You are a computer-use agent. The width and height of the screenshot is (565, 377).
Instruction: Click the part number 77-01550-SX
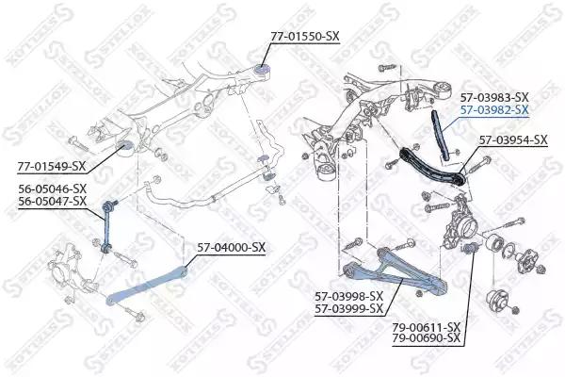point(305,36)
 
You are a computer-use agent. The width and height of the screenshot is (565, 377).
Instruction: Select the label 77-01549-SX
point(51,166)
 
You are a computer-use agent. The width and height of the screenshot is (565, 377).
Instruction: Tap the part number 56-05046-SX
point(53,188)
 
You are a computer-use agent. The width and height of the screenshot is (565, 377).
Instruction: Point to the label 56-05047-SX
point(53,201)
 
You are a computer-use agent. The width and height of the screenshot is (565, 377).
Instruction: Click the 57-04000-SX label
point(231,247)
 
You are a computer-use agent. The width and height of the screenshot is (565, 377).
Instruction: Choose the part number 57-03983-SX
point(494,97)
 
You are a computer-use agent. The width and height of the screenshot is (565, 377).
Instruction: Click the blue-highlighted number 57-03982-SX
point(494,109)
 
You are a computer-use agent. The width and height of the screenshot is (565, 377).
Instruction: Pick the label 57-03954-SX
point(513,139)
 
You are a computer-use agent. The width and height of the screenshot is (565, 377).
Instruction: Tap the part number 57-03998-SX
point(348,297)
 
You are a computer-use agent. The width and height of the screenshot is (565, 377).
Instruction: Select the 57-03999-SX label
point(348,309)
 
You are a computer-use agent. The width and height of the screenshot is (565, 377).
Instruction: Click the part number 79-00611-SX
point(427,327)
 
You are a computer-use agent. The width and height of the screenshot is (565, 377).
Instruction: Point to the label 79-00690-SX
point(427,338)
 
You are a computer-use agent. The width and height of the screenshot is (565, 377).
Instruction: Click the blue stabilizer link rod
point(106,226)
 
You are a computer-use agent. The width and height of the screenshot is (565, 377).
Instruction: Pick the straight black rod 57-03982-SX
point(439,136)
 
